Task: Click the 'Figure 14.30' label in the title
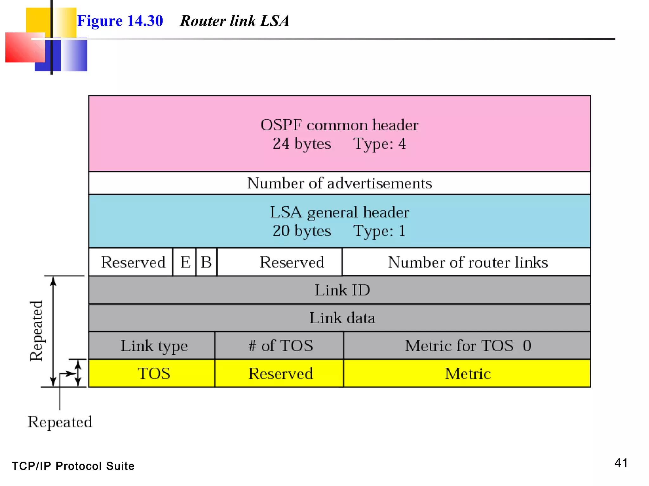(120, 21)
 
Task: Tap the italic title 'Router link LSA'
(234, 21)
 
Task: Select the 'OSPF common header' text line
(339, 125)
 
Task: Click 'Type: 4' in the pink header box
(379, 144)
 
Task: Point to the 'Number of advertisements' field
(339, 183)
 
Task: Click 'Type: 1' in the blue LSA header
(379, 231)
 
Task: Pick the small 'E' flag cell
(185, 262)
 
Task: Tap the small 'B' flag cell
(206, 262)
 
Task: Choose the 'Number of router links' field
(468, 262)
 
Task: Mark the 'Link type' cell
(154, 346)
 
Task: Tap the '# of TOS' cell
(280, 346)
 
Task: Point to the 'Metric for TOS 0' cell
(468, 346)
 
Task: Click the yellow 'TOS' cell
(154, 374)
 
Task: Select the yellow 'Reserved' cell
(280, 374)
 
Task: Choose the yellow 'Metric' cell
(468, 374)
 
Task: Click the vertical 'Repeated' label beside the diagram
(37, 331)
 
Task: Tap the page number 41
(621, 463)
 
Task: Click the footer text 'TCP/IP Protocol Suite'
(73, 466)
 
